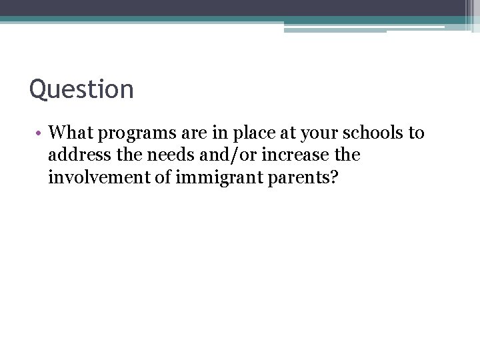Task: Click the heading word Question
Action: [x=81, y=89]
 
